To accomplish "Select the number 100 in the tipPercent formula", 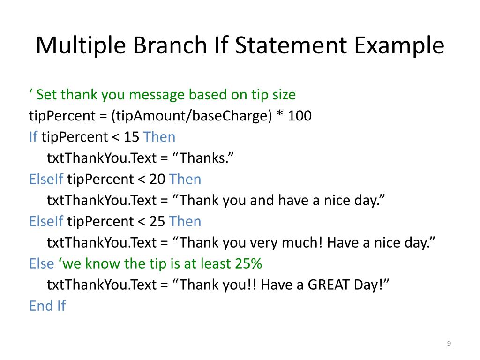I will [300, 116].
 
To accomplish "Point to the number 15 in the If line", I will [132, 137].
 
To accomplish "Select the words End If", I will [47, 306].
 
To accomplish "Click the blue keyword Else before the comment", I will [41, 263].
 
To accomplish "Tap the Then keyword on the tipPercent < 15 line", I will [159, 137].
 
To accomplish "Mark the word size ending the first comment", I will [283, 95].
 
